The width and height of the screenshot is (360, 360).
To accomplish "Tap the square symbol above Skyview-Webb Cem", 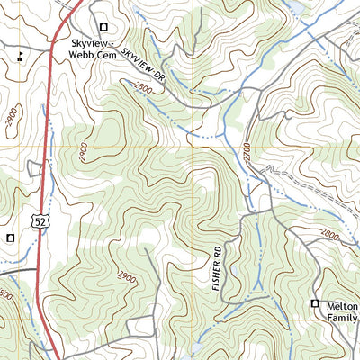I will [x=103, y=28].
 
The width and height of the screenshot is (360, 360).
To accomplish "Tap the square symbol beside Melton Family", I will [x=315, y=304].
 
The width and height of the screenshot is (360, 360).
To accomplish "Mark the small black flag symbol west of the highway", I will [x=19, y=57].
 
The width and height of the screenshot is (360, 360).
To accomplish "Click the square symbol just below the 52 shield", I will [x=10, y=238].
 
